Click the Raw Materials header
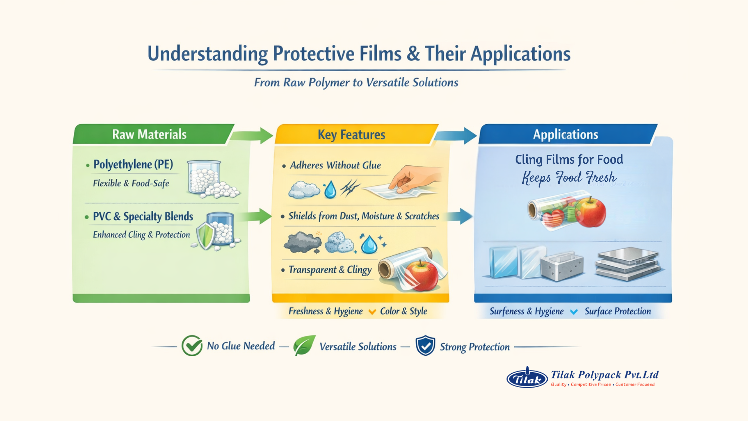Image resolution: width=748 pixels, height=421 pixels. tap(149, 134)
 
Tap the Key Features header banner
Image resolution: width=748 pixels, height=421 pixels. tap(351, 135)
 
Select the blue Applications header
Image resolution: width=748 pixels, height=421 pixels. tap(565, 134)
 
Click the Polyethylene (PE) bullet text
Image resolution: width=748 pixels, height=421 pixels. tap(133, 164)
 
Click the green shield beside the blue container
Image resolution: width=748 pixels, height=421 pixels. tap(205, 236)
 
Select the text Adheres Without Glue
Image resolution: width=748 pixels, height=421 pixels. tap(335, 165)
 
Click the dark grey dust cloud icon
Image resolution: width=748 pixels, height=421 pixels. tap(302, 242)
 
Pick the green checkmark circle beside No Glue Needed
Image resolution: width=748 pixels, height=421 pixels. tap(192, 345)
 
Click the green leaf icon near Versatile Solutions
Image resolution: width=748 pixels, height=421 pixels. tap(304, 345)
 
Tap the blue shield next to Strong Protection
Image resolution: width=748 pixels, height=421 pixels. tap(425, 345)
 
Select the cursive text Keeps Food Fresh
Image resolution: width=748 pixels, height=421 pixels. tap(569, 177)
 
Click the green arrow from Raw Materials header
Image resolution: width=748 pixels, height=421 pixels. tap(252, 135)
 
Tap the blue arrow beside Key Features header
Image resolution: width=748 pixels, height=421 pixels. tap(456, 135)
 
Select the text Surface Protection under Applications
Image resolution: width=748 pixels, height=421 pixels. tap(617, 311)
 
